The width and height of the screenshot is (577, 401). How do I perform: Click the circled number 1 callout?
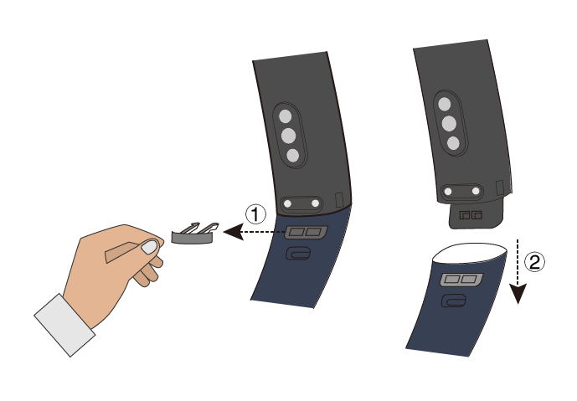[255, 214]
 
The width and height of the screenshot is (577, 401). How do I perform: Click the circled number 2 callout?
[534, 262]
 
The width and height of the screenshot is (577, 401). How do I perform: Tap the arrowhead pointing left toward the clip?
[234, 232]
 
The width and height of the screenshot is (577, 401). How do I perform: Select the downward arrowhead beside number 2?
[518, 293]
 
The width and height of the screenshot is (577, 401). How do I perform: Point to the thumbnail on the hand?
[149, 247]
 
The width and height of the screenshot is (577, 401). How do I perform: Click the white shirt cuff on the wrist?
[64, 325]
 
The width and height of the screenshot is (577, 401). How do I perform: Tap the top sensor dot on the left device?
[285, 116]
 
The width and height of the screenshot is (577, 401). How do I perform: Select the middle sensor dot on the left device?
[288, 136]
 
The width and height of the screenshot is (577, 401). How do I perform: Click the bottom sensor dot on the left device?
[292, 155]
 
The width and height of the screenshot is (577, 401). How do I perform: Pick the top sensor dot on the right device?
[445, 104]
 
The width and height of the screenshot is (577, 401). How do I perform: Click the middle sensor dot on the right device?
[450, 124]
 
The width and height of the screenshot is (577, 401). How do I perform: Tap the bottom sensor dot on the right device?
[453, 143]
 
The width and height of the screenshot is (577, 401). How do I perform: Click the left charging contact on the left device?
[288, 203]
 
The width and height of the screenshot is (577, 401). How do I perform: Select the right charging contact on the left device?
[315, 203]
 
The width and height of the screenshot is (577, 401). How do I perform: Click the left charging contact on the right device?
[448, 192]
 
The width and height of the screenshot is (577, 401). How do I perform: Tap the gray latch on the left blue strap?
[306, 232]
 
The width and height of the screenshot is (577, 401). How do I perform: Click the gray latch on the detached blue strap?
[461, 280]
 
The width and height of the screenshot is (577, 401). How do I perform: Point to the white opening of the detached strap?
[469, 253]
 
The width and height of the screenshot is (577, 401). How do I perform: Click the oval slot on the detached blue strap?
[453, 301]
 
